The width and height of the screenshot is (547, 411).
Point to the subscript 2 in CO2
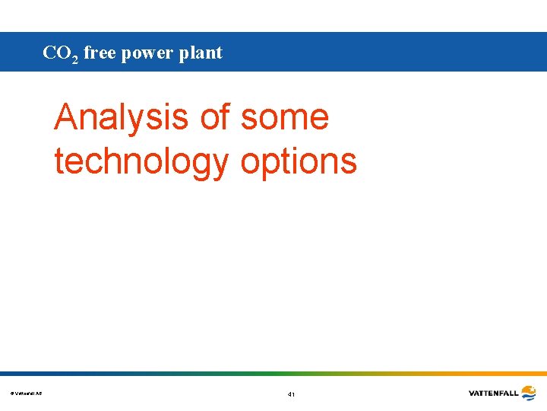click(75, 58)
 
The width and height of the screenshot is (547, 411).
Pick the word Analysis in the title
click(122, 117)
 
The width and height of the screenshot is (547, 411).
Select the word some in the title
click(285, 118)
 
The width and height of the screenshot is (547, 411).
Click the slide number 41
click(291, 394)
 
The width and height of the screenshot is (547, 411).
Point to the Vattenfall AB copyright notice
click(27, 393)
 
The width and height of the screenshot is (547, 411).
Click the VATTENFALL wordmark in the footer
click(493, 393)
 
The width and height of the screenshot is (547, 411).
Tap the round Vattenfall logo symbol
click(528, 393)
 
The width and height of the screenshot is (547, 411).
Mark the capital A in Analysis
click(68, 117)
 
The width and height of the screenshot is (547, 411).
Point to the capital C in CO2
click(49, 53)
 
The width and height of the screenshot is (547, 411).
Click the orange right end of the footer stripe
click(532, 374)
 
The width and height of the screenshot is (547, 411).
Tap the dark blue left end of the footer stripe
click(15, 374)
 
